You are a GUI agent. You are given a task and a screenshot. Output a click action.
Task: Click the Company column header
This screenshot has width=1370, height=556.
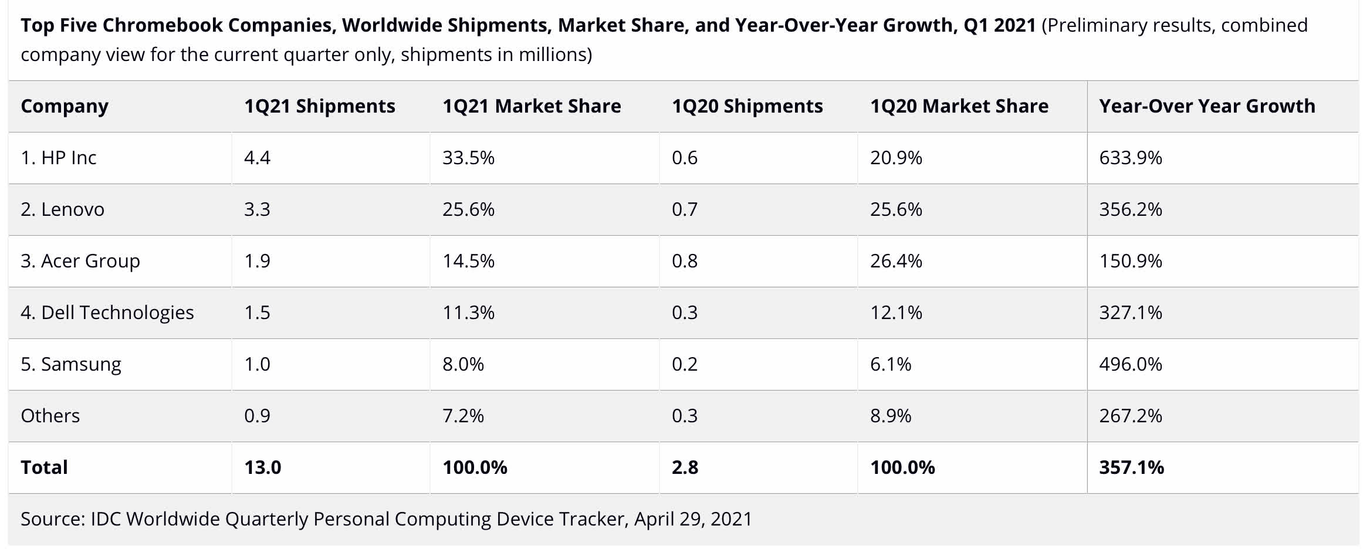click(x=65, y=106)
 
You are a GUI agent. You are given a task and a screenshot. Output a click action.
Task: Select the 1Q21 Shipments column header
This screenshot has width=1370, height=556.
click(x=320, y=106)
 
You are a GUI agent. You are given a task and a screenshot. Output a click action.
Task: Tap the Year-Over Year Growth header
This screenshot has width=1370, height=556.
click(x=1207, y=106)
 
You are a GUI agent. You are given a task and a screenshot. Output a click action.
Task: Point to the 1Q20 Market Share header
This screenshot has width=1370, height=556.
click(x=959, y=106)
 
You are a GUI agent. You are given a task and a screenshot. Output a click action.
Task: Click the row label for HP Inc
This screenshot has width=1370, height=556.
click(x=59, y=158)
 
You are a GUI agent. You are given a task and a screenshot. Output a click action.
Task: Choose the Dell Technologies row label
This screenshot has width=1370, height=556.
click(x=107, y=313)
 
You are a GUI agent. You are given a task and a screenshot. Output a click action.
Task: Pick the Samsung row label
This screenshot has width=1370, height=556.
click(x=71, y=364)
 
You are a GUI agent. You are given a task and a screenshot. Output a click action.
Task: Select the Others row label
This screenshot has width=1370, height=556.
click(x=50, y=416)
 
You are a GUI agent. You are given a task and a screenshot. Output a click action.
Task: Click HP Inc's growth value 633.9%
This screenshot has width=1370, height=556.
click(x=1131, y=158)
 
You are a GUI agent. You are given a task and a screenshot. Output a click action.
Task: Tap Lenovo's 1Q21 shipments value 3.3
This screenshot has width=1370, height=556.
click(x=257, y=209)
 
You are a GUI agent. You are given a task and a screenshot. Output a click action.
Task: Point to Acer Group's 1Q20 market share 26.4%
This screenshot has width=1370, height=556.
click(x=896, y=261)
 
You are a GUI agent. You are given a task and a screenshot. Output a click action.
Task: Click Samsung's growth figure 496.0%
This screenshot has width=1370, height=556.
click(x=1131, y=364)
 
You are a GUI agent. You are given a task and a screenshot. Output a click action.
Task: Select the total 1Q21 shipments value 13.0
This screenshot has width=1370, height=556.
click(x=263, y=467)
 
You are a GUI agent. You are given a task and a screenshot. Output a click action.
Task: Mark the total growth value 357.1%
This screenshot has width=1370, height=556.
click(x=1131, y=467)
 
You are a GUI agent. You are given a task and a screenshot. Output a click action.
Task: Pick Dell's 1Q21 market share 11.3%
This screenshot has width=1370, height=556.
click(x=468, y=313)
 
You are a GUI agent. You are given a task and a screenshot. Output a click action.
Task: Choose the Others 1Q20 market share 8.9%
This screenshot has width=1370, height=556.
click(x=891, y=416)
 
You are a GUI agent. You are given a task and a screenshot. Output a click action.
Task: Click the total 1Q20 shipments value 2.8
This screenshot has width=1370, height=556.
click(x=685, y=467)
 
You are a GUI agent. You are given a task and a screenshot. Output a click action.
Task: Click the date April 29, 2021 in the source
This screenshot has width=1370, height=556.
click(x=693, y=519)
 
